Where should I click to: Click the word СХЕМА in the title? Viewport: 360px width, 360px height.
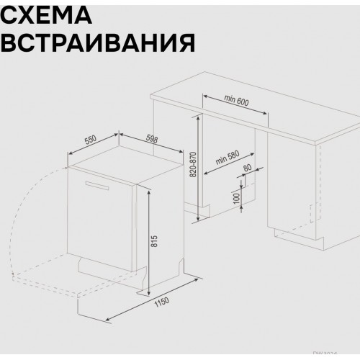[x=48, y=15]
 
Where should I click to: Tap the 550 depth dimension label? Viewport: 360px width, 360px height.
[x=91, y=140]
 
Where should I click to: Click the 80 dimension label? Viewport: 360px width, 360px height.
[x=248, y=169]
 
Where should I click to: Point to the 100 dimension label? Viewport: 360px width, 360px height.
[x=235, y=197]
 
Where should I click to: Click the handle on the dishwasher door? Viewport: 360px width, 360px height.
[x=99, y=185]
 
